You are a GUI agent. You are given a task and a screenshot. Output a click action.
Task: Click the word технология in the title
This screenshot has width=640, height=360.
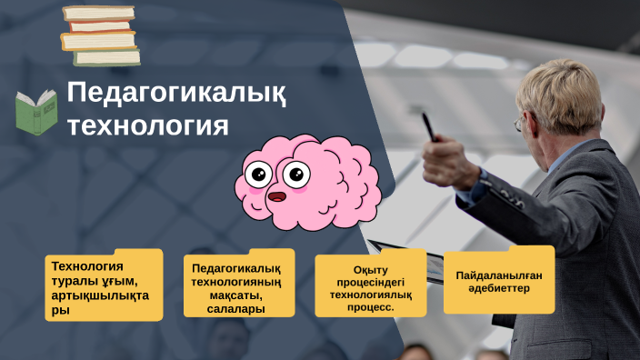click(x=147, y=125)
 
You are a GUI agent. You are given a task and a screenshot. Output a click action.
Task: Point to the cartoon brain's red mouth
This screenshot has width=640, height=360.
click(x=276, y=195)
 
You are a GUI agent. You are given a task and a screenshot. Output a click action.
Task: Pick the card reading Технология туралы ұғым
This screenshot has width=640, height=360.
click(x=105, y=286)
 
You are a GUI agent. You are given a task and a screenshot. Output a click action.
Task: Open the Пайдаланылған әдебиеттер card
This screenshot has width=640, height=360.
click(x=498, y=281)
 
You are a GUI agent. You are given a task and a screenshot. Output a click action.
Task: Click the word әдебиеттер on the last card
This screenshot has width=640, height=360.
click(x=498, y=288)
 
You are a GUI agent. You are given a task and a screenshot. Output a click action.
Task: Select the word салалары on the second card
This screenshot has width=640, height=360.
click(x=236, y=309)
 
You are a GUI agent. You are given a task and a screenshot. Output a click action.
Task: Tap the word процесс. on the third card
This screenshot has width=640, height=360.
click(x=370, y=307)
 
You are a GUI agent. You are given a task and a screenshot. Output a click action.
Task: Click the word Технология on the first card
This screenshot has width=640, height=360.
click(x=87, y=266)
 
